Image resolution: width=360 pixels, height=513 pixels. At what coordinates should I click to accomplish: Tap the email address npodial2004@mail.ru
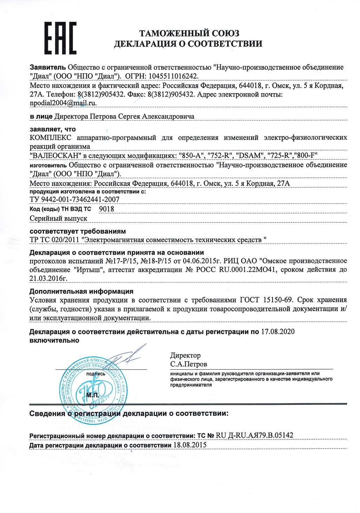tap(63, 103)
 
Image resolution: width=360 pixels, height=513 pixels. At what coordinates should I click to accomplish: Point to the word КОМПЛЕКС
tap(51, 137)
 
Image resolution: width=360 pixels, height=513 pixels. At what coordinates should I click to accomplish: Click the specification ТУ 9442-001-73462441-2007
tap(75, 199)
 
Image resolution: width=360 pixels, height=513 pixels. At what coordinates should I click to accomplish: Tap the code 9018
tap(107, 209)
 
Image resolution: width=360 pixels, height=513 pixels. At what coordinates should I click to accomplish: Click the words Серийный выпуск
tap(58, 218)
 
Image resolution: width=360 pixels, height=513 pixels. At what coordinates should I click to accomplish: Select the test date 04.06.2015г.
tap(202, 261)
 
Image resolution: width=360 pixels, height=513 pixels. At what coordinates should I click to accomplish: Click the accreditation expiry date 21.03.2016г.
tap(48, 278)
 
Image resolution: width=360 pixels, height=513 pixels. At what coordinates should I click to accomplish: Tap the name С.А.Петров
tap(189, 364)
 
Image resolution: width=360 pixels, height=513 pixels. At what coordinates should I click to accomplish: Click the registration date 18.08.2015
tap(190, 445)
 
